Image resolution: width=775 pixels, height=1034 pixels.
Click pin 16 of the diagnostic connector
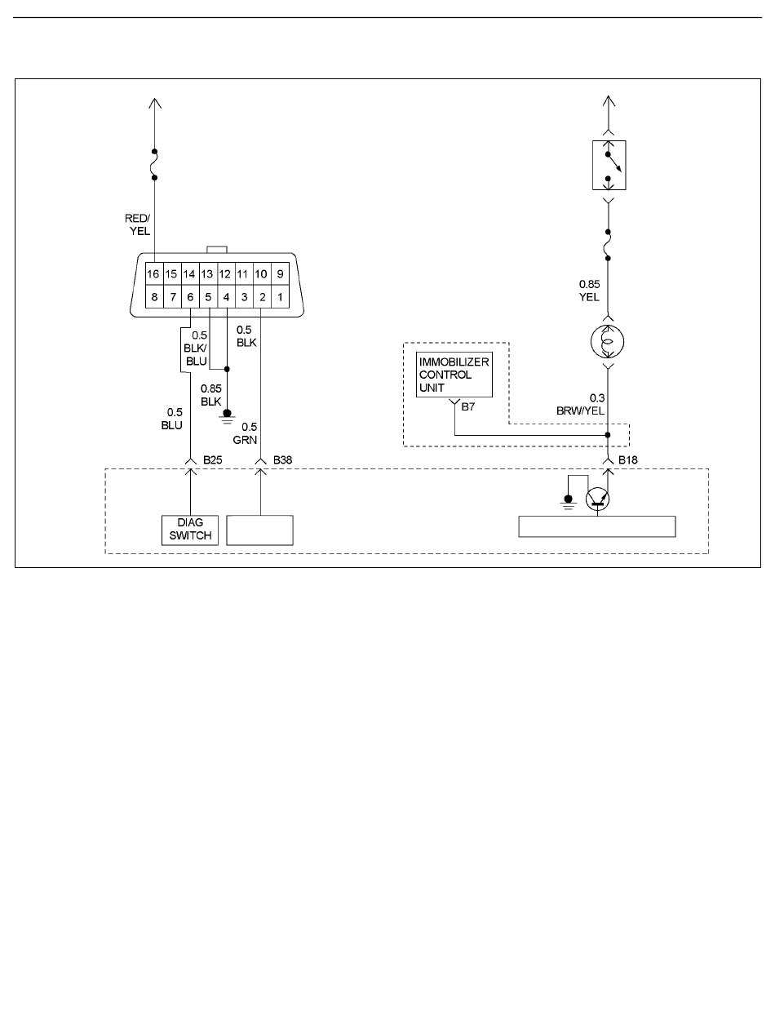(x=154, y=273)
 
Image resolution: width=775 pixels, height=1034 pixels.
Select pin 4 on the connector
(x=226, y=297)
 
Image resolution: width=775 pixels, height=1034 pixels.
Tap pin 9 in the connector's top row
(x=280, y=273)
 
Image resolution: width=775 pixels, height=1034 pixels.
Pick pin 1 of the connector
(x=280, y=297)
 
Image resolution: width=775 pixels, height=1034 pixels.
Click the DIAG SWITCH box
(x=190, y=530)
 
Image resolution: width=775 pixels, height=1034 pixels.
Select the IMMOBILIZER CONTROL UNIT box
(x=454, y=375)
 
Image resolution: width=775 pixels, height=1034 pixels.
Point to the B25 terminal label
(x=212, y=459)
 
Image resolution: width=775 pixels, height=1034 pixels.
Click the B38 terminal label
(x=282, y=459)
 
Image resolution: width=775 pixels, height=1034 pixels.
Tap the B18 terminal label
(x=627, y=459)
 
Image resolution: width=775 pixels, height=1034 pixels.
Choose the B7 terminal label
(x=468, y=406)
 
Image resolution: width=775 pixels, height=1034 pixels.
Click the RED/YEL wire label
(x=137, y=224)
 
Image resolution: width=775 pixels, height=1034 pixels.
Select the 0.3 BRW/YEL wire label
(x=580, y=404)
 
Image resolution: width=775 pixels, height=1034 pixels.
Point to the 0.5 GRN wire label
(x=245, y=433)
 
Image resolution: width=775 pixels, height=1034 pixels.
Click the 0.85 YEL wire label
(x=589, y=291)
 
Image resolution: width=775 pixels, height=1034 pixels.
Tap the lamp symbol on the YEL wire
(x=608, y=341)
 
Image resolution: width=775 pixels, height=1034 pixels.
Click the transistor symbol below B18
(x=597, y=499)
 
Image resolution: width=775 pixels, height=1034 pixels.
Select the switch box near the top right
(x=609, y=165)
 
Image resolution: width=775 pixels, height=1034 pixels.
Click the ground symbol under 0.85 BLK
(x=227, y=416)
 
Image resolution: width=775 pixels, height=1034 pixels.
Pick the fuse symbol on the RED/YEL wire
(x=154, y=164)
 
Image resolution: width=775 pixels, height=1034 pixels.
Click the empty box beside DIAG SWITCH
(x=260, y=530)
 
